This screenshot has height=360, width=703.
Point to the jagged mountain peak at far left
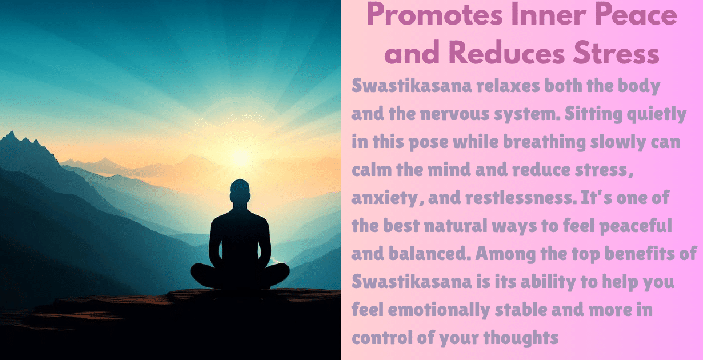click(10, 137)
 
